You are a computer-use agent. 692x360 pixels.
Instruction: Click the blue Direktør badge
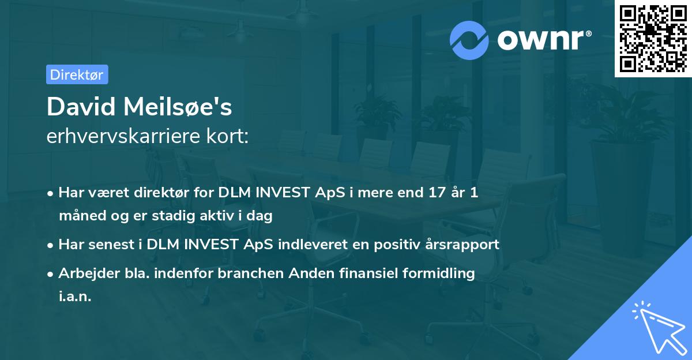[77, 74]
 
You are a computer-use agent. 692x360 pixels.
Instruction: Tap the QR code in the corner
[653, 38]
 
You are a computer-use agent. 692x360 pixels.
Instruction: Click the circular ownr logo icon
[469, 40]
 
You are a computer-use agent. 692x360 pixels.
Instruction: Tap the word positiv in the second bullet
[398, 245]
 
